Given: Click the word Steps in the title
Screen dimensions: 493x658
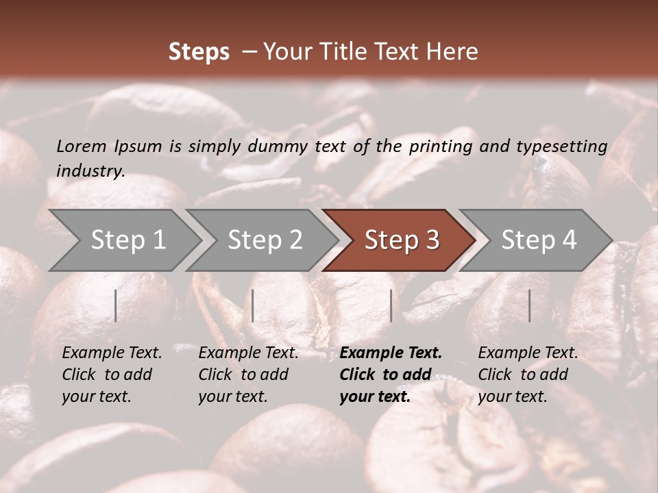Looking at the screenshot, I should [x=199, y=52].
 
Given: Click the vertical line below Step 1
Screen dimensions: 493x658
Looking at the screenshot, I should [x=116, y=305].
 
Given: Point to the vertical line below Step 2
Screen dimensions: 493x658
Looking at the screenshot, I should [x=253, y=305].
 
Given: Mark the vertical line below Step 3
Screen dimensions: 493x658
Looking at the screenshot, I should [x=391, y=305].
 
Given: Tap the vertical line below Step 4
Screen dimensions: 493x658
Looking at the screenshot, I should [x=529, y=305].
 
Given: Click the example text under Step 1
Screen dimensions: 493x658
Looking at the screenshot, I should [x=112, y=375].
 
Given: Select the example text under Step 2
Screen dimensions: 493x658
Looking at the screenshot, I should [x=248, y=375].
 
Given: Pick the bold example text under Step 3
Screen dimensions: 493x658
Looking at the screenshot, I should [x=391, y=375].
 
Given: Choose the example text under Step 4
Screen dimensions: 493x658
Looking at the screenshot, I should [x=528, y=375].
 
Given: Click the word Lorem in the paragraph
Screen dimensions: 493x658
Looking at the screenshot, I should [x=82, y=146].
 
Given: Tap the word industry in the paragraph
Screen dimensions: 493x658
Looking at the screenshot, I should [x=90, y=171].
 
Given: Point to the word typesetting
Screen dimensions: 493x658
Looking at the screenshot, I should [x=562, y=147].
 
